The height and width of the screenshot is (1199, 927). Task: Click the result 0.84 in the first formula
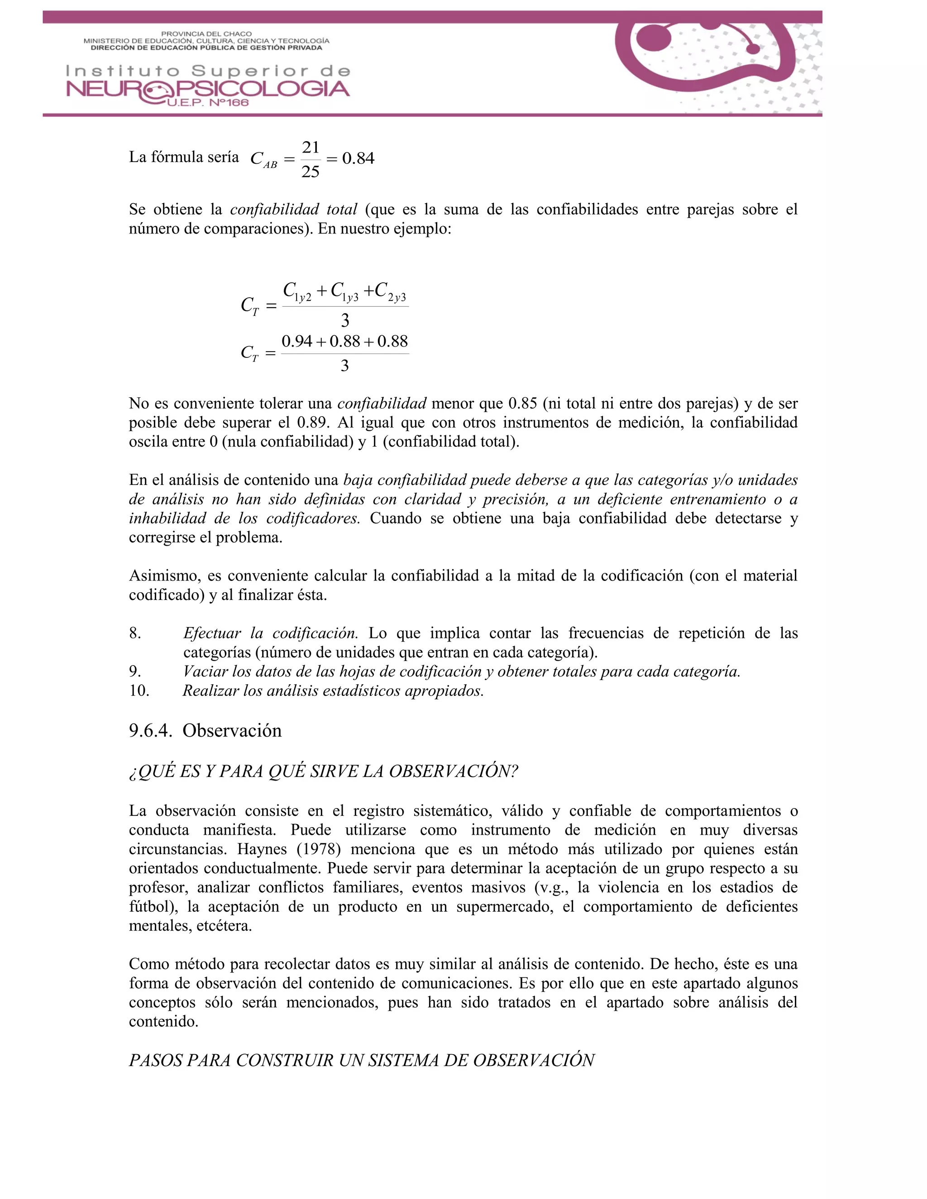tap(358, 159)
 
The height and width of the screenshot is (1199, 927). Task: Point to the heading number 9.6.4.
tap(150, 731)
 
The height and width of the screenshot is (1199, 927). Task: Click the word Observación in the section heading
tap(232, 731)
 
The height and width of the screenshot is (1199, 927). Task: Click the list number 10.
tap(139, 690)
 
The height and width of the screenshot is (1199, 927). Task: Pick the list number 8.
tap(135, 633)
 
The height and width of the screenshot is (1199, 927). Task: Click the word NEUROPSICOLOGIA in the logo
tap(208, 89)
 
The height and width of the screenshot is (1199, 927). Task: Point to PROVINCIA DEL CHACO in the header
tap(206, 34)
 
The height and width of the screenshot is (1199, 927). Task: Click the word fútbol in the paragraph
tap(149, 906)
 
